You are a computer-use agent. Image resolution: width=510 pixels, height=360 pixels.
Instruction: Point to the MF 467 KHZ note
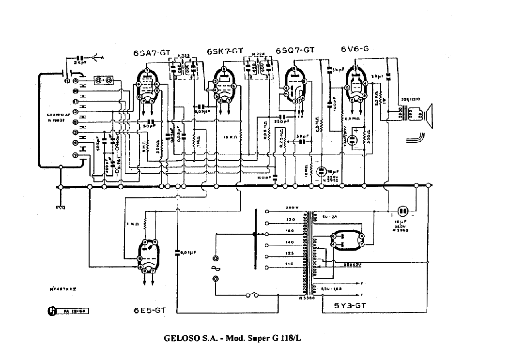pyautogui.click(x=63, y=288)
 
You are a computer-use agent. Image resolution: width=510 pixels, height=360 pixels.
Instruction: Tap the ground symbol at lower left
pyautogui.click(x=60, y=207)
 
